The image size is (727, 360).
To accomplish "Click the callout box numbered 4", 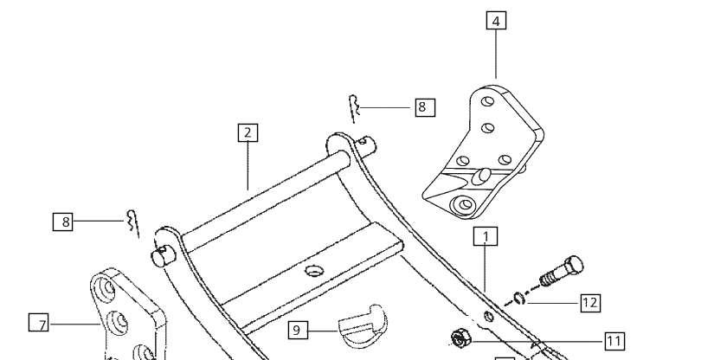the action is (x=496, y=21).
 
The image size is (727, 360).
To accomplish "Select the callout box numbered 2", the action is (x=248, y=132).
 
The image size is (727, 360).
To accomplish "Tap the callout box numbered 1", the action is (x=486, y=236).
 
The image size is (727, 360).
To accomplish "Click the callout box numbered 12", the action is (x=589, y=303).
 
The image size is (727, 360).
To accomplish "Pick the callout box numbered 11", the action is (x=614, y=342).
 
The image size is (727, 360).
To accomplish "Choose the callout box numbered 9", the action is (x=298, y=330).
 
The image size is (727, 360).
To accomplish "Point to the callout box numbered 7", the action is (x=38, y=323).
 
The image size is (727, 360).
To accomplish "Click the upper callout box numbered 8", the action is (x=425, y=107).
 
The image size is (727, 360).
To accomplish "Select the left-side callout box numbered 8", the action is (x=62, y=222).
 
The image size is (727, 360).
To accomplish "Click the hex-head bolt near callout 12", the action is (x=562, y=272).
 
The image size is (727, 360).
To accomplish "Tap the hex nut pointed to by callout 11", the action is (x=460, y=337).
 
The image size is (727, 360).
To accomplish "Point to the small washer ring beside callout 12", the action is (x=520, y=298).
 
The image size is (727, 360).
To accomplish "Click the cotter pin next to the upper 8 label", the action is (x=354, y=109).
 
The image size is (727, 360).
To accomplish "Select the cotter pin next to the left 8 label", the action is (x=132, y=223).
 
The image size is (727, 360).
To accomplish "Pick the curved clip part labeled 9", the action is (x=363, y=325).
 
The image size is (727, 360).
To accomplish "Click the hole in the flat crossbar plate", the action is (x=314, y=271).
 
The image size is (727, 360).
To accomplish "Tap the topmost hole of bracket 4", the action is (x=487, y=101).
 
